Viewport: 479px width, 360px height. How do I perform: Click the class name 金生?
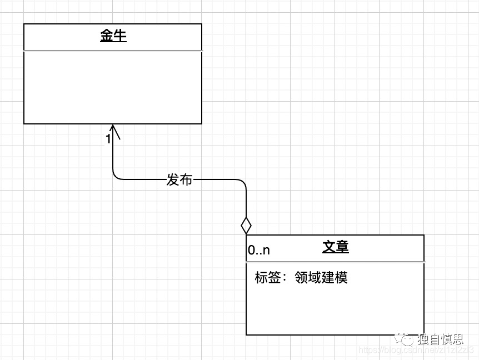coord(113,37)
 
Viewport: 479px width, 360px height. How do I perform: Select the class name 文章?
coord(336,247)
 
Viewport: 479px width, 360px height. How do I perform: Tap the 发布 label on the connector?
coord(179,180)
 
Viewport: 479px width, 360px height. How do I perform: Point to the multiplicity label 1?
coord(108,139)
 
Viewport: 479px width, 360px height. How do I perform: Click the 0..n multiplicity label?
coord(259,251)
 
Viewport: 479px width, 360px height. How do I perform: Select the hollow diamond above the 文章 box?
coord(246,226)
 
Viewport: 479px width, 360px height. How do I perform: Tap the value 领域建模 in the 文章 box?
coord(321,277)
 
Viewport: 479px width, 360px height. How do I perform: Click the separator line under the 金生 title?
coord(113,51)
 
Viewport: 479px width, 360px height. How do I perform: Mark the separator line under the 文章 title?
coord(335,261)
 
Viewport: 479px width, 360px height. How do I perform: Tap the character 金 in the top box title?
coord(107,37)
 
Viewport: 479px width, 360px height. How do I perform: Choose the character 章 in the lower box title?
coord(342,247)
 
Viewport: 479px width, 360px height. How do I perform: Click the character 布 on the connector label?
coord(186,180)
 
